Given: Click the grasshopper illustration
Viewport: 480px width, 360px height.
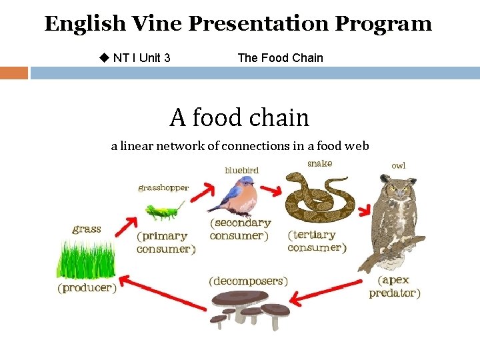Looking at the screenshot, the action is pyautogui.click(x=164, y=211).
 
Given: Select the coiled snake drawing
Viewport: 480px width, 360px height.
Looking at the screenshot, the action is pyautogui.click(x=317, y=197).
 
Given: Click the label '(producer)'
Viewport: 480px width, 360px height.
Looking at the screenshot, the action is pyautogui.click(x=87, y=289).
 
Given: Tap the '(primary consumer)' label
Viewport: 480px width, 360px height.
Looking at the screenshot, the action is pyautogui.click(x=166, y=242).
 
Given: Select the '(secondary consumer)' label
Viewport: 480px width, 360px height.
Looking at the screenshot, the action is pyautogui.click(x=240, y=229).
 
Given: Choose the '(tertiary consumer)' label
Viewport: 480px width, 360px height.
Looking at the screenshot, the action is pyautogui.click(x=317, y=241).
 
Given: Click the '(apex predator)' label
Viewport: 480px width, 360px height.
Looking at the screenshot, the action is pyautogui.click(x=395, y=287).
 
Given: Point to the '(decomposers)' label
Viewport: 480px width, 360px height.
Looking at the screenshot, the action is pyautogui.click(x=249, y=281).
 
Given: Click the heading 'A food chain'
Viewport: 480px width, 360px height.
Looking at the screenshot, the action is pyautogui.click(x=239, y=118).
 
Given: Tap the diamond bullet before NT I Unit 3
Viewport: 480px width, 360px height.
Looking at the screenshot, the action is pyautogui.click(x=103, y=57).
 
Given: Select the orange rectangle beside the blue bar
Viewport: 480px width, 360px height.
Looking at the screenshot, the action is pyautogui.click(x=14, y=73).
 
